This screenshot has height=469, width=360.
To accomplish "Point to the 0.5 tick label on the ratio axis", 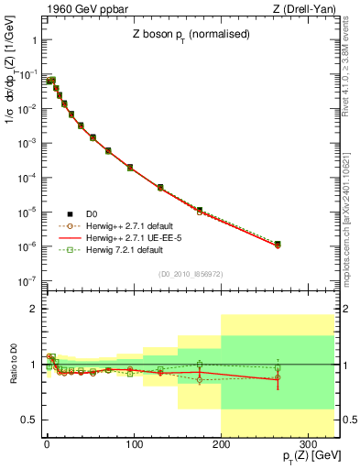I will tap(27, 420).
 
